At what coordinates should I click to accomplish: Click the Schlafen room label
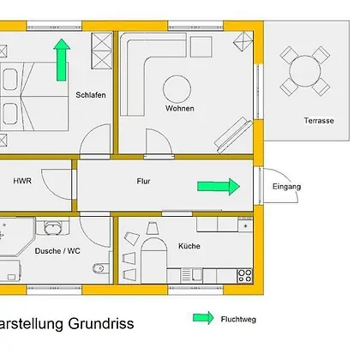[x=91, y=95]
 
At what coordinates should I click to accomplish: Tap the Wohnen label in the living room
[x=180, y=109]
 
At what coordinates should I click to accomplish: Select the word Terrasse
[x=319, y=121]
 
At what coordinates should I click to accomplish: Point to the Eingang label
[x=286, y=187]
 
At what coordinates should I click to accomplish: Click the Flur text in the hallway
[x=143, y=181]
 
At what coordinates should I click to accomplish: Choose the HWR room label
[x=22, y=181]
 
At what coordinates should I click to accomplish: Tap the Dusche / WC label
[x=57, y=251]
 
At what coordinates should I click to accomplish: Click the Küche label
[x=189, y=246]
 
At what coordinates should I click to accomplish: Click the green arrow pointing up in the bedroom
[x=62, y=60]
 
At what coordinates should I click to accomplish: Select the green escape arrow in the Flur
[x=219, y=187]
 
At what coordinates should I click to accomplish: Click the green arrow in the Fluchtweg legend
[x=203, y=318]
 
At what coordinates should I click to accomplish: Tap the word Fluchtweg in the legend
[x=238, y=319]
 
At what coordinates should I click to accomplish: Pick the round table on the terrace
[x=305, y=71]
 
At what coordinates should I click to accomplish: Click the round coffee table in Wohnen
[x=177, y=89]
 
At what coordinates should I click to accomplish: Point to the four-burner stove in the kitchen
[x=245, y=276]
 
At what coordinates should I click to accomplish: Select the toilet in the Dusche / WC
[x=100, y=268]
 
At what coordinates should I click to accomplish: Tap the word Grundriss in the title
[x=101, y=324]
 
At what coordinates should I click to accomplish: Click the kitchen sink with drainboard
[x=191, y=276]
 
